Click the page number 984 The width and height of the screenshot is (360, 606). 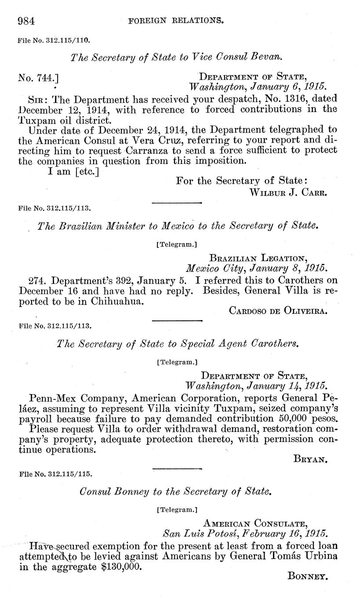[26, 21]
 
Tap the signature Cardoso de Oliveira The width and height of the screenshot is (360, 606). [278, 311]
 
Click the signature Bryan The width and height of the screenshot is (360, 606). [310, 459]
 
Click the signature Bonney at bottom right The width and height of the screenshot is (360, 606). [308, 576]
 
